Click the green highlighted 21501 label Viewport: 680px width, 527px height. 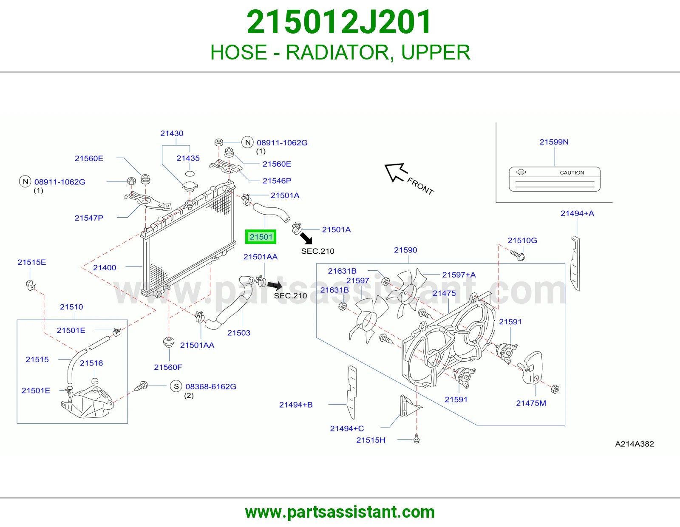click(261, 237)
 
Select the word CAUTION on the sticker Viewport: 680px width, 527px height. click(572, 173)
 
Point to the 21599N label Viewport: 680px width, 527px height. click(554, 142)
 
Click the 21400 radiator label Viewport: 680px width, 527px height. click(105, 268)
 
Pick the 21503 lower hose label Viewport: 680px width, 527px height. click(239, 333)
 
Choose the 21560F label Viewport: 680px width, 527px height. click(168, 367)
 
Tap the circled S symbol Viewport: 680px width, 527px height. click(176, 386)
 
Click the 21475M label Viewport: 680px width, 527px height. click(531, 403)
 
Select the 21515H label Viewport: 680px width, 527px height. click(371, 440)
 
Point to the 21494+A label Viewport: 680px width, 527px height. click(577, 213)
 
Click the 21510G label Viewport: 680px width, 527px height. click(522, 241)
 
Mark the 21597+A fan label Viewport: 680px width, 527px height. click(459, 275)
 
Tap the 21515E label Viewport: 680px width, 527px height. click(31, 262)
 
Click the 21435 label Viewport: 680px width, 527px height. click(188, 158)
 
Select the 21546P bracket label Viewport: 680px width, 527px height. click(277, 181)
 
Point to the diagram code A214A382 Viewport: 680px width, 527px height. click(634, 444)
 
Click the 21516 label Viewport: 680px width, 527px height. click(91, 363)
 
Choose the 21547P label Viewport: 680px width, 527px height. click(89, 218)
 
